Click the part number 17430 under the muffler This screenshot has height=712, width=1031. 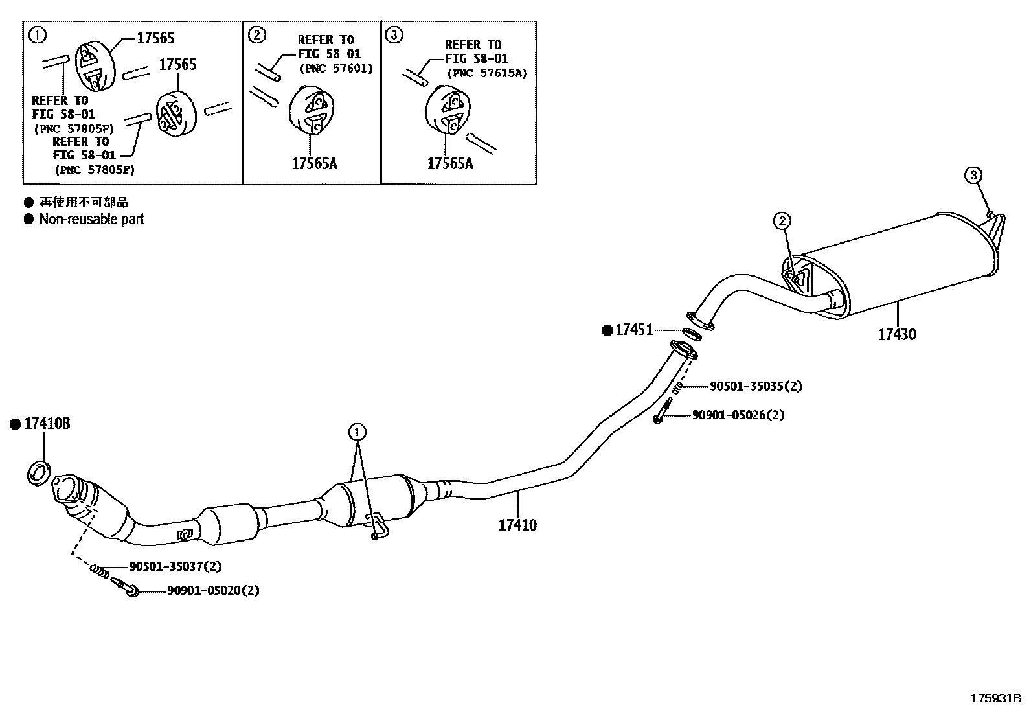[897, 335]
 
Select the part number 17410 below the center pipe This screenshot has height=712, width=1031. [517, 525]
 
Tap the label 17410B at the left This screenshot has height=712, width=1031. [47, 424]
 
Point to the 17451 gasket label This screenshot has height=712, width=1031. [634, 330]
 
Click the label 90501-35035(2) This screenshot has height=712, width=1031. [756, 386]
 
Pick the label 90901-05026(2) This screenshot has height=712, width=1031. [738, 415]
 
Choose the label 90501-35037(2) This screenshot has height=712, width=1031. [176, 566]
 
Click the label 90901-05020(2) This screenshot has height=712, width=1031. [213, 590]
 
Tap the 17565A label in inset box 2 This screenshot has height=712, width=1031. [314, 163]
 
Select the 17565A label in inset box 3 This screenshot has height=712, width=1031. [449, 163]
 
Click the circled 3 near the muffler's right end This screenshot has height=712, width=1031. [973, 175]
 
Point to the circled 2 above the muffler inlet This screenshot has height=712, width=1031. [782, 221]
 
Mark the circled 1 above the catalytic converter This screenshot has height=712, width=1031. [357, 431]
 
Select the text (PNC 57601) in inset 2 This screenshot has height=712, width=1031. [336, 68]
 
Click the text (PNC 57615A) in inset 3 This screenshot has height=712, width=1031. [487, 73]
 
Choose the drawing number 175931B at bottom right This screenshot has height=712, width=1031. [995, 698]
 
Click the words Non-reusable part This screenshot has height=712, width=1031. [91, 219]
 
